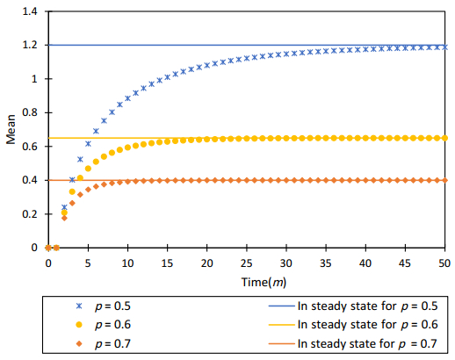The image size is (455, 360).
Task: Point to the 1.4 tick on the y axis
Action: [x=32, y=11]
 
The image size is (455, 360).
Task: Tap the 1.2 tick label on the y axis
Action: [x=32, y=45]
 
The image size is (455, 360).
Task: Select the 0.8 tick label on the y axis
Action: [x=32, y=112]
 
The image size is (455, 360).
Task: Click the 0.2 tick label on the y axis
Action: [x=32, y=214]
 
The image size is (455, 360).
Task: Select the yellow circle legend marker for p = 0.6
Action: [x=80, y=325]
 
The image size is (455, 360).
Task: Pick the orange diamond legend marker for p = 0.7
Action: [x=80, y=343]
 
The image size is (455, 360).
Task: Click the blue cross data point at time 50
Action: [x=444, y=47]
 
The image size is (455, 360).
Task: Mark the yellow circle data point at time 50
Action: [x=444, y=138]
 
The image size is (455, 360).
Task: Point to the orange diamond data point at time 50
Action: [x=444, y=180]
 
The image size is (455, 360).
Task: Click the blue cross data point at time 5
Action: [x=88, y=143]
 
